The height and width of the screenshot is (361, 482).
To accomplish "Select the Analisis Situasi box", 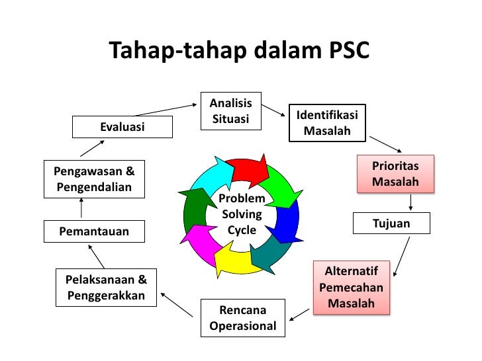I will (x=230, y=111).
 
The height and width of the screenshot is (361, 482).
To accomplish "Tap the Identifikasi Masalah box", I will (x=327, y=124).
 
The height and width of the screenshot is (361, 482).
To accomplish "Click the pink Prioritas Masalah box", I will (x=395, y=174).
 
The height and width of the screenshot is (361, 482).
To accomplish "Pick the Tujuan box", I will (x=391, y=223).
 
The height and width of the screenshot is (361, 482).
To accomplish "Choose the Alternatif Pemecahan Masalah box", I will (x=351, y=287).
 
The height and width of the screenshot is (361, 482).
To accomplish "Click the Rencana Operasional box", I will (x=242, y=318).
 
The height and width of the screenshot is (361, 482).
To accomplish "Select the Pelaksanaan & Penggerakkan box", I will (x=106, y=287).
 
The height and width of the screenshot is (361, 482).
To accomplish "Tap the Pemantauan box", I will (x=94, y=231).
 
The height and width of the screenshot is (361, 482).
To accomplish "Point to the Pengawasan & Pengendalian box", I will (x=94, y=179).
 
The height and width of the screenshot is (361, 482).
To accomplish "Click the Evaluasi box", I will (x=122, y=127).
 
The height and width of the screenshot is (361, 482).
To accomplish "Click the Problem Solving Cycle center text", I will (x=242, y=214).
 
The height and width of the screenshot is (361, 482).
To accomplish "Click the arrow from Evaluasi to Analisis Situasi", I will (x=166, y=109).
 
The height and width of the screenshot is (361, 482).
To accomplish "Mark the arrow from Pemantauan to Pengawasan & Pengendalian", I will (x=81, y=210).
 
